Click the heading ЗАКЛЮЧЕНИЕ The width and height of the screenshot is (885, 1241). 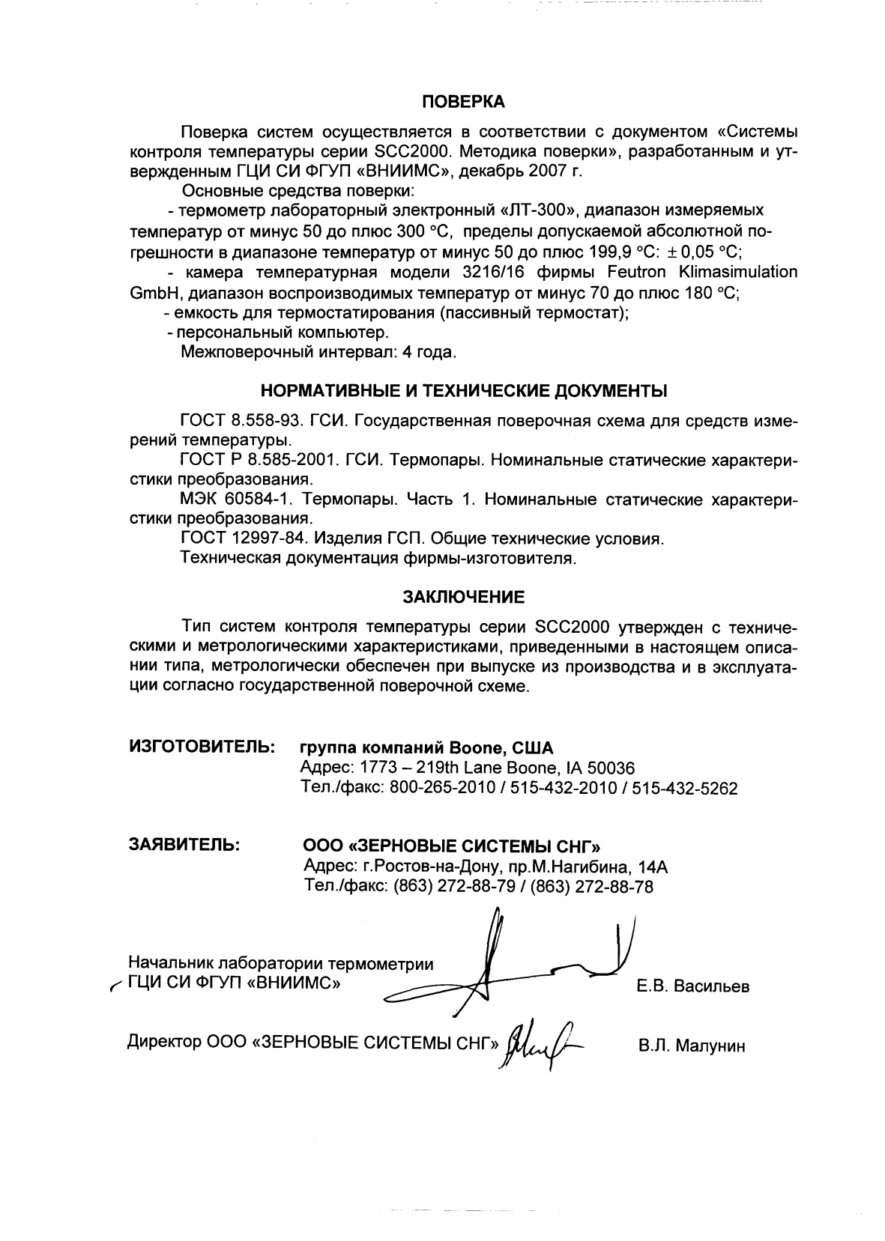(464, 597)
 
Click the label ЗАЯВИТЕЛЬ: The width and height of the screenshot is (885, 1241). (184, 845)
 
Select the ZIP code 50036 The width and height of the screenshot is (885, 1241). (611, 768)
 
